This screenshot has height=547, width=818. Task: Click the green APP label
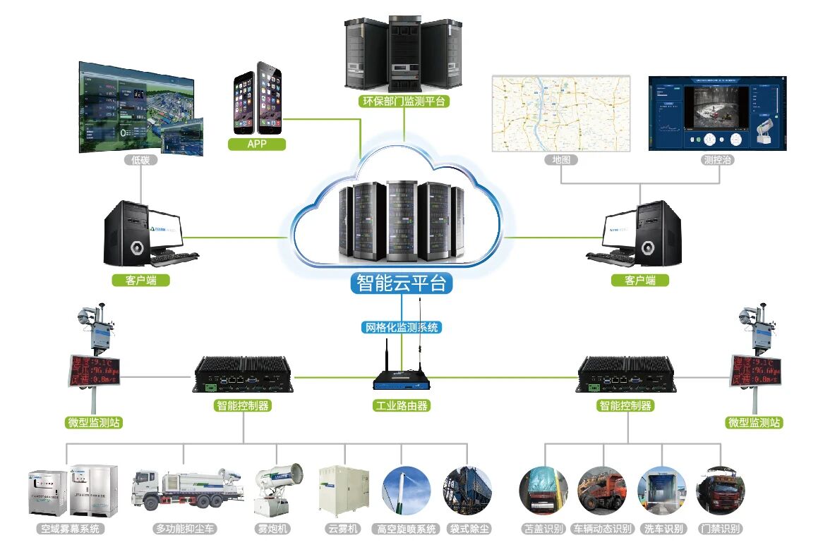pyautogui.click(x=257, y=145)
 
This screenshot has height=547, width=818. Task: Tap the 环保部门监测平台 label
pyautogui.click(x=404, y=102)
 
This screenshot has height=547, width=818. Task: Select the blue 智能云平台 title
pyautogui.click(x=402, y=284)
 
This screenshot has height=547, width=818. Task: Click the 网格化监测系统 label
pyautogui.click(x=402, y=327)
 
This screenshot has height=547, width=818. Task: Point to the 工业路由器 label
pyautogui.click(x=401, y=405)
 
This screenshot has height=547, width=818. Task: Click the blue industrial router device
pyautogui.click(x=401, y=379)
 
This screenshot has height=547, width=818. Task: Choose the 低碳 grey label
pyautogui.click(x=140, y=160)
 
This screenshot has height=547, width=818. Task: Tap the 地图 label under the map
pyautogui.click(x=561, y=160)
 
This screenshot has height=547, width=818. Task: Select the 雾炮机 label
pyautogui.click(x=272, y=529)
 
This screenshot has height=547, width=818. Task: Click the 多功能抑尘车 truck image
pyautogui.click(x=187, y=489)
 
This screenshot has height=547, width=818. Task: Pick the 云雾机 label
pyautogui.click(x=344, y=529)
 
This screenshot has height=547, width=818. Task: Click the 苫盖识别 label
pyautogui.click(x=543, y=529)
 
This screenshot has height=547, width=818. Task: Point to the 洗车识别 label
pyautogui.click(x=663, y=529)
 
